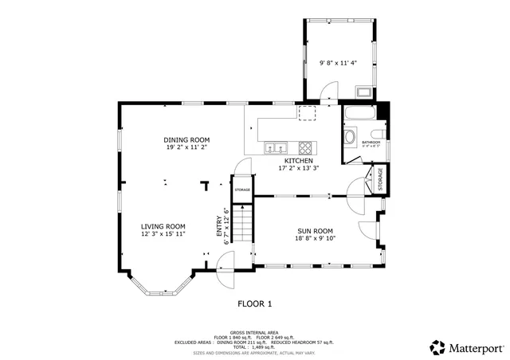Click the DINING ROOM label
click(x=187, y=139)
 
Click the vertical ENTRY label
click(x=220, y=225)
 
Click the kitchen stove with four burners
click(x=306, y=147)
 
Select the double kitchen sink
click(x=277, y=147)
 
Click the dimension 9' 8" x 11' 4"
click(x=338, y=63)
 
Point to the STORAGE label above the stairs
click(x=242, y=190)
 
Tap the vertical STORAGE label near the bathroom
click(x=380, y=179)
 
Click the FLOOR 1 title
click(x=255, y=303)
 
